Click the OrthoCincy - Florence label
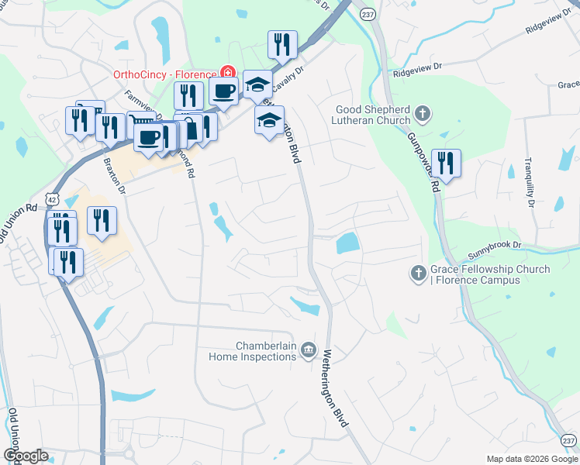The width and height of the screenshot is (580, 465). point(165,74)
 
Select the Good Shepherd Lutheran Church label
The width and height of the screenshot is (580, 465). point(373,115)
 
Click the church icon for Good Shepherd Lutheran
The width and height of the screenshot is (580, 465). point(422,115)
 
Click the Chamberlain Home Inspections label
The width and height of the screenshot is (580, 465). point(253,351)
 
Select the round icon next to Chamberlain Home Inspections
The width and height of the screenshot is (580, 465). point(309,352)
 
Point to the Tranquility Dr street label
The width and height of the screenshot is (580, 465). point(530,182)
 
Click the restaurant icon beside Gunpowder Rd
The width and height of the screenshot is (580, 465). point(446,163)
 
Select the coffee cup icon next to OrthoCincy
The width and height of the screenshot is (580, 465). point(224,90)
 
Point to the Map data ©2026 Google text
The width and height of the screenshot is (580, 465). point(532,459)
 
